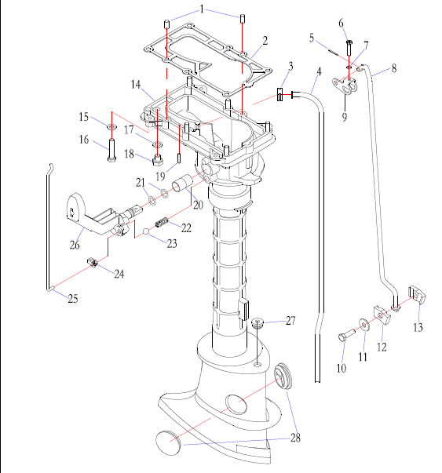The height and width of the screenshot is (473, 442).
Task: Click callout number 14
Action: (x=136, y=85)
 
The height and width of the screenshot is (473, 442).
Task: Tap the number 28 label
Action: (x=295, y=438)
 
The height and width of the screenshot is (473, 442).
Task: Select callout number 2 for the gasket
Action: (x=265, y=41)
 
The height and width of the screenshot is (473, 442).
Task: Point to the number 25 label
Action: (x=73, y=299)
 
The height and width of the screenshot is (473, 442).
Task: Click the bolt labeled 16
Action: (x=111, y=150)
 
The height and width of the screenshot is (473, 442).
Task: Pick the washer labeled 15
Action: (x=111, y=126)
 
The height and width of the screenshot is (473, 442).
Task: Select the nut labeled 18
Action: (x=158, y=159)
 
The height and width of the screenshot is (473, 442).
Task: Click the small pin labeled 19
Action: (x=179, y=158)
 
